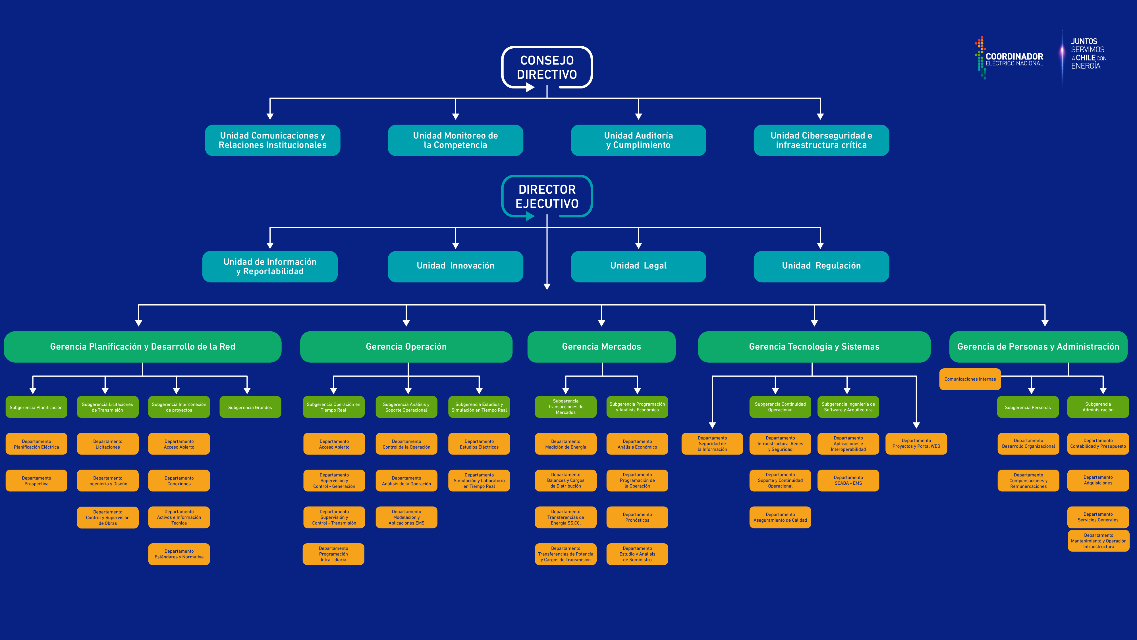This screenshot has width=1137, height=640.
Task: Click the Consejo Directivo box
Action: point(547,67)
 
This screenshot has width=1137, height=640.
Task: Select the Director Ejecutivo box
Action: point(547,197)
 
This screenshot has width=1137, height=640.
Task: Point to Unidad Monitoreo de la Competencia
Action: point(455,140)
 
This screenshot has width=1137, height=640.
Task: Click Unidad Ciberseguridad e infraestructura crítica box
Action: point(821,140)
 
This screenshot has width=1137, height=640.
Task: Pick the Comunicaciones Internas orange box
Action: point(970,379)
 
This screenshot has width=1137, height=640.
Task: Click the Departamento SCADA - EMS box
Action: point(848,480)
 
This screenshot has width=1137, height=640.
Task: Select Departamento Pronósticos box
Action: point(637,517)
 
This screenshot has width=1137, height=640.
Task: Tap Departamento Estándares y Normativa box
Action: point(179,554)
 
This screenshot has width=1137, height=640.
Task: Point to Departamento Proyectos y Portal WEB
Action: point(916,443)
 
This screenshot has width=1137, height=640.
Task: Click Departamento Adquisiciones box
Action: point(1098,480)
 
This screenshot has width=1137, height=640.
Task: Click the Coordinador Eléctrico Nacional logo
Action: point(1009,58)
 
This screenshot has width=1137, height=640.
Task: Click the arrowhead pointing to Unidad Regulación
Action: point(820,245)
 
